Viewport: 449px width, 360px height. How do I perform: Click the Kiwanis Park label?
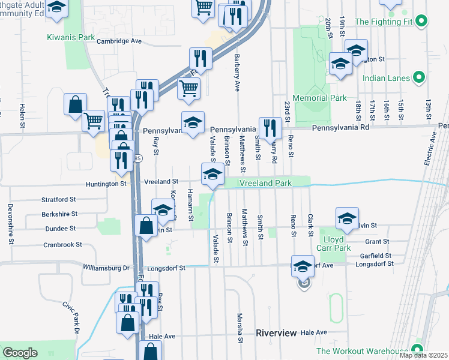point(71,37)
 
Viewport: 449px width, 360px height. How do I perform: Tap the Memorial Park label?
point(319,98)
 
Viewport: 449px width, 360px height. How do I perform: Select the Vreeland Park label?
point(266,182)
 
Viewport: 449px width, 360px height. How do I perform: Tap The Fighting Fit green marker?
point(421,22)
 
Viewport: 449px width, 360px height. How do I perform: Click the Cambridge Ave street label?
point(119,41)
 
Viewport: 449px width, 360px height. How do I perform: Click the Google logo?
point(20,353)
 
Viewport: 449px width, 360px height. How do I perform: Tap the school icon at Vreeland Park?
point(211,174)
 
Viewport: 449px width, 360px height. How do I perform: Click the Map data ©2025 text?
point(423,355)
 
